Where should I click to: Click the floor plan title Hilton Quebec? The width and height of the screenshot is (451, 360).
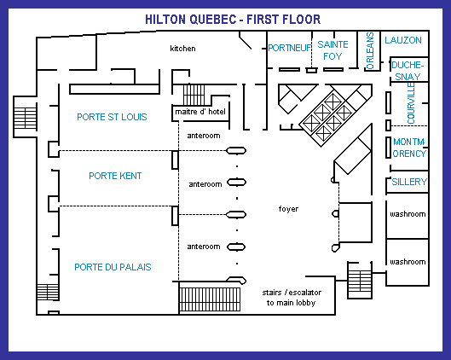point(233,20)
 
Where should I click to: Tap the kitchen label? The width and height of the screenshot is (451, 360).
point(182,49)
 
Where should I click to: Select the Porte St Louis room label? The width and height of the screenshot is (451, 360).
point(112,117)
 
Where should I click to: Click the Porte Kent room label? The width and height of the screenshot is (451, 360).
point(115,176)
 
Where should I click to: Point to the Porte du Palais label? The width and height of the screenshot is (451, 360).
point(113,267)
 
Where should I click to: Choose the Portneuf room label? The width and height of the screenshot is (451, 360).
point(289,48)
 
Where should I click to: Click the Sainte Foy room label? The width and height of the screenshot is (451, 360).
point(332,50)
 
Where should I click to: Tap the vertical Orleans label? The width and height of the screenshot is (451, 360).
point(370,51)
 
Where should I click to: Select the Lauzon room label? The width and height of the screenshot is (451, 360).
point(403,40)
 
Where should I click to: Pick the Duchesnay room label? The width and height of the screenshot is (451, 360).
point(408,71)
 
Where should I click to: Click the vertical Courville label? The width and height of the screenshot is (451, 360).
point(411,103)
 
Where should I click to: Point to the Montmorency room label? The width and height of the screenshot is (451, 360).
point(409,148)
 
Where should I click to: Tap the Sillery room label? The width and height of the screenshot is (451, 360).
point(409,182)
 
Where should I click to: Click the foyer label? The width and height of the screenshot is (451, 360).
point(288,209)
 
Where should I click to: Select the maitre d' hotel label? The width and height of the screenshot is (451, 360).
point(200,112)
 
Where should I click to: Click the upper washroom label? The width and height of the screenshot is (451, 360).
point(408,214)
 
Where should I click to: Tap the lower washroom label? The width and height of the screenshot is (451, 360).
point(408,262)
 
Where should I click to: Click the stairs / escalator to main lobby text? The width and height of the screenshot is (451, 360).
point(292,298)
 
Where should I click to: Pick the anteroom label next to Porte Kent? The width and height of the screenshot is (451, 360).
point(205,184)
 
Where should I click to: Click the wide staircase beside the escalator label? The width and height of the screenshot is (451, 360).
point(210,299)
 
